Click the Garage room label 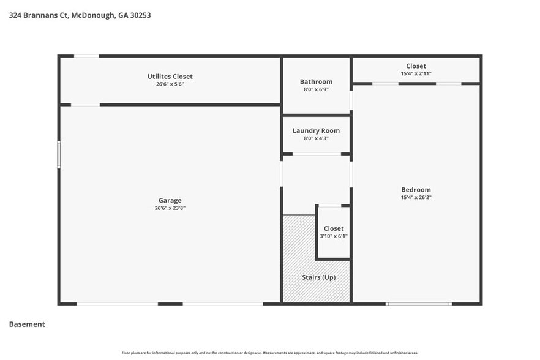pos(170,200)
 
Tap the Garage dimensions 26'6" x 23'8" pos(170,208)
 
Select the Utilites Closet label pos(170,77)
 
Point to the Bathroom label pos(316,81)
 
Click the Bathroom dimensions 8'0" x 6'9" pos(316,89)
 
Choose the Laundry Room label pos(316,130)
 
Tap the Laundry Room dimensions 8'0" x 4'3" pos(316,138)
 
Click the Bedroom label pos(416,190)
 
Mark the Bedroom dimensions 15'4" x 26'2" pos(416,198)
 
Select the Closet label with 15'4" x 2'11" pos(416,66)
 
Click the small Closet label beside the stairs pos(334,228)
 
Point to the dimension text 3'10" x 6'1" pos(334,236)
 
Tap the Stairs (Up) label pos(318,277)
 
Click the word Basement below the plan pos(27,324)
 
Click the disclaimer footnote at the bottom pos(270,353)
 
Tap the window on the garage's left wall pos(59,154)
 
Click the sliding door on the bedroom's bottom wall pos(419,303)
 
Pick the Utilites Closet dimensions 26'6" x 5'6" pos(170,84)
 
